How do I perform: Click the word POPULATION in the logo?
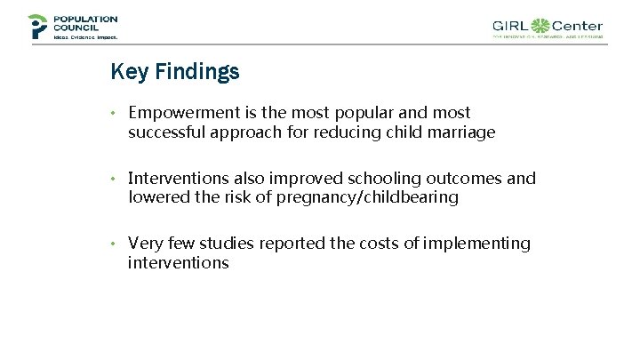pyautogui.click(x=85, y=19)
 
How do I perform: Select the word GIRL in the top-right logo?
pyautogui.click(x=512, y=27)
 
